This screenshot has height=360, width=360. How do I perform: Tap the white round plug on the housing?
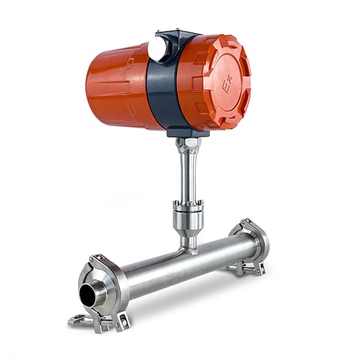pos(157,48)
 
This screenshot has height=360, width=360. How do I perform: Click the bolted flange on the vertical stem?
pos(189,205)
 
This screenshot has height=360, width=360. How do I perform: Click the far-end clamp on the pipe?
pos(250,246)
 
